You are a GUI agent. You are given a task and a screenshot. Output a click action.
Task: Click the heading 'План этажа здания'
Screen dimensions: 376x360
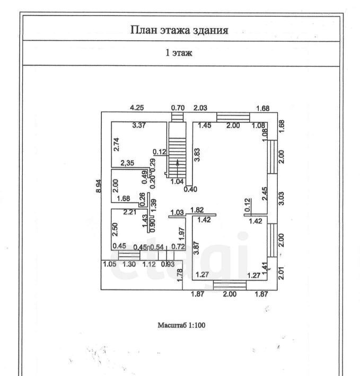(x=179, y=30)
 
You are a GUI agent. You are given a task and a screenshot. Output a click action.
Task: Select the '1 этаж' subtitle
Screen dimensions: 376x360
(x=179, y=53)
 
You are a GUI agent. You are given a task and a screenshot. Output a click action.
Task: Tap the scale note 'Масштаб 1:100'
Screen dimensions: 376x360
(x=181, y=325)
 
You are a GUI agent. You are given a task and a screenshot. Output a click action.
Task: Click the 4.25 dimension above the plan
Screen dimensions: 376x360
(x=137, y=108)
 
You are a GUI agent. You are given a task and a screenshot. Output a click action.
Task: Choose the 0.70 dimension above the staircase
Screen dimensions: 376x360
(x=177, y=108)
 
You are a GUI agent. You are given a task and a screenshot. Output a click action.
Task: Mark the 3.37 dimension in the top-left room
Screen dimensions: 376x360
(x=139, y=126)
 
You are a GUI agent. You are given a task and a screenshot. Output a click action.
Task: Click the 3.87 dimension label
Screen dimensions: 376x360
(x=196, y=249)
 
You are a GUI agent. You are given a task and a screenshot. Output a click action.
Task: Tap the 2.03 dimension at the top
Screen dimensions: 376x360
(x=200, y=108)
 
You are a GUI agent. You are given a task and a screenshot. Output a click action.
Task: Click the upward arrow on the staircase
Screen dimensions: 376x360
(x=178, y=164)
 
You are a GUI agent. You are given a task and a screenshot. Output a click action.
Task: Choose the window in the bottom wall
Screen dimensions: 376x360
(x=230, y=285)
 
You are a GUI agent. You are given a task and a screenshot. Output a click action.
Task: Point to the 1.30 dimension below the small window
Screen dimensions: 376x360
(x=129, y=264)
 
